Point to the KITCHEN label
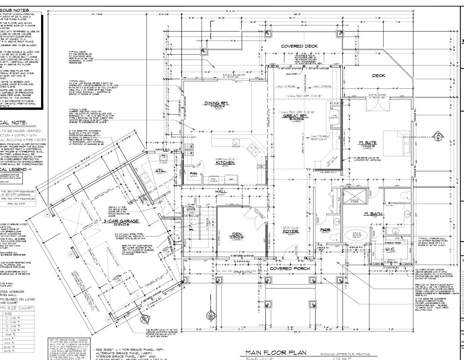[225, 163]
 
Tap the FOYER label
[291, 231]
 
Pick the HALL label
[221, 191]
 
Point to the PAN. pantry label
[193, 173]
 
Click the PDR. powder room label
[325, 229]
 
